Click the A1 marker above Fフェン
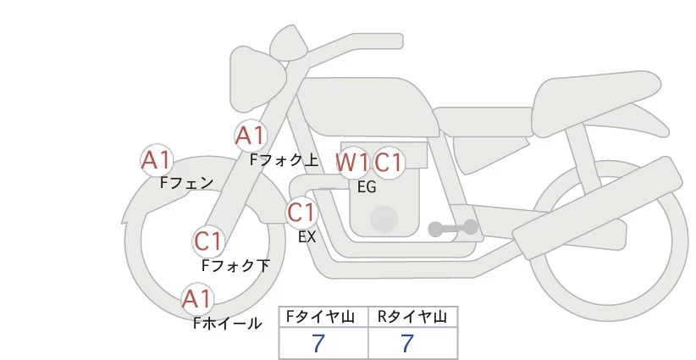click(157, 159)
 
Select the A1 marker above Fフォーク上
click(250, 135)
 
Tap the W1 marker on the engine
click(352, 162)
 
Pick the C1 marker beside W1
click(389, 162)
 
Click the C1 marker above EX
click(301, 212)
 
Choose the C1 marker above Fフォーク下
click(207, 241)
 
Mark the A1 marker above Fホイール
click(197, 298)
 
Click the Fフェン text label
click(186, 182)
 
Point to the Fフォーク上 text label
click(284, 158)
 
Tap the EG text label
click(367, 187)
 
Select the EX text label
click(307, 237)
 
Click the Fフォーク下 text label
click(235, 265)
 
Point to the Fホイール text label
click(227, 323)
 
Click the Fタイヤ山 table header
click(323, 317)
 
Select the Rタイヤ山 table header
click(412, 317)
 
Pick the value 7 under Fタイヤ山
click(319, 343)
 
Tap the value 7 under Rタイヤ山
click(408, 343)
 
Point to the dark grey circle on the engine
click(384, 219)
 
